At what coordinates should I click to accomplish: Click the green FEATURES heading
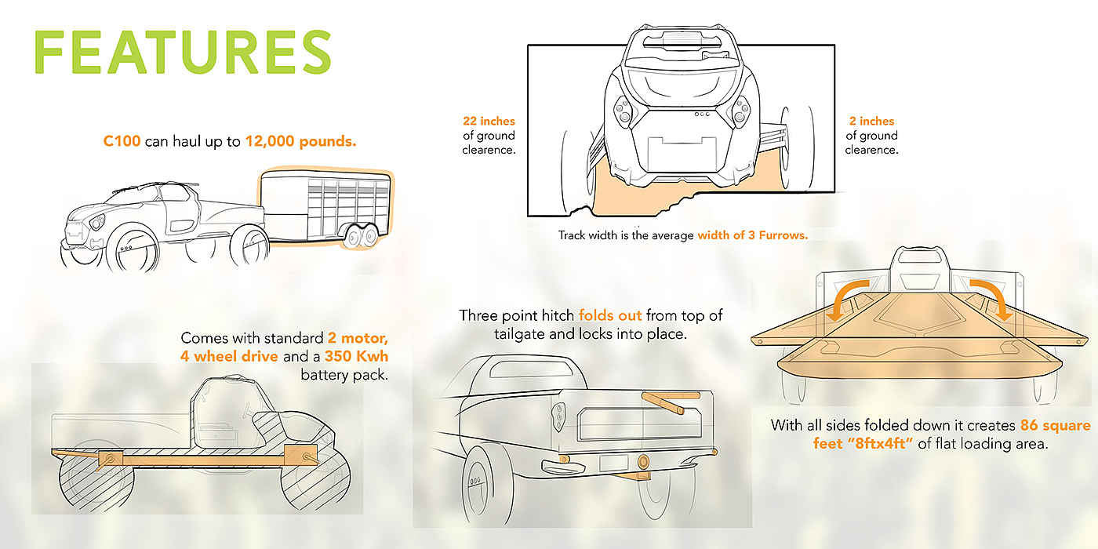(x=183, y=52)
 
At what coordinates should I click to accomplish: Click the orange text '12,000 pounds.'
(x=300, y=141)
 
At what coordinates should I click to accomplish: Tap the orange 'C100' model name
(x=122, y=141)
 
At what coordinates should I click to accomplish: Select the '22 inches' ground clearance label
(x=489, y=121)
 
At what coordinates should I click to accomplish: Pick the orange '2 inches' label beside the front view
(x=871, y=121)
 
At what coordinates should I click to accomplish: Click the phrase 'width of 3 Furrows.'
(x=752, y=235)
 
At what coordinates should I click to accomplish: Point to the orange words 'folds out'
(x=610, y=315)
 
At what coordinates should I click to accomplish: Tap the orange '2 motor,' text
(x=358, y=338)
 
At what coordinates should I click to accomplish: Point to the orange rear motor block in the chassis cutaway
(x=111, y=459)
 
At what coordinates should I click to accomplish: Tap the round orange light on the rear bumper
(x=642, y=461)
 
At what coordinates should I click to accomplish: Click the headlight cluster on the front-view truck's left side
(x=623, y=111)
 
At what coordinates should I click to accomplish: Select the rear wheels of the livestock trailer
(x=361, y=236)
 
